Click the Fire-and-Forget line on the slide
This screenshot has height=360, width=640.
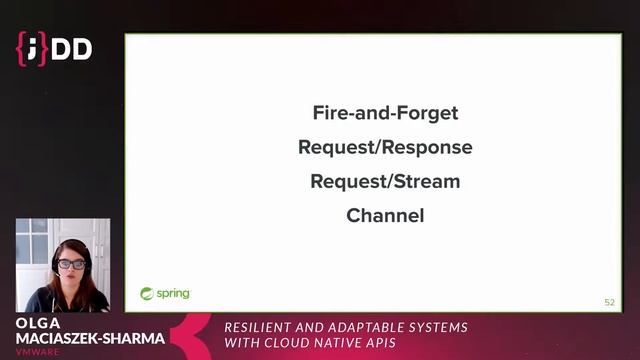point(385,113)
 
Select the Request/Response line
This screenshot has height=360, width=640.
point(385,147)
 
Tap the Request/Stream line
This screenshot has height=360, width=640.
point(385,181)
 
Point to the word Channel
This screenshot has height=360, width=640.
point(385,215)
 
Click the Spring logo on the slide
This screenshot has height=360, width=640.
point(164,294)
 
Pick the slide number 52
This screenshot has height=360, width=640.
point(609,301)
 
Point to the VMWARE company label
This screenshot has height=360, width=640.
point(36,352)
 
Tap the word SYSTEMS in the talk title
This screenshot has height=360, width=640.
point(439,328)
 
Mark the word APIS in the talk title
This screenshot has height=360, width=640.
point(395,343)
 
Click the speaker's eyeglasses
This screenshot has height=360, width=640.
point(70,264)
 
